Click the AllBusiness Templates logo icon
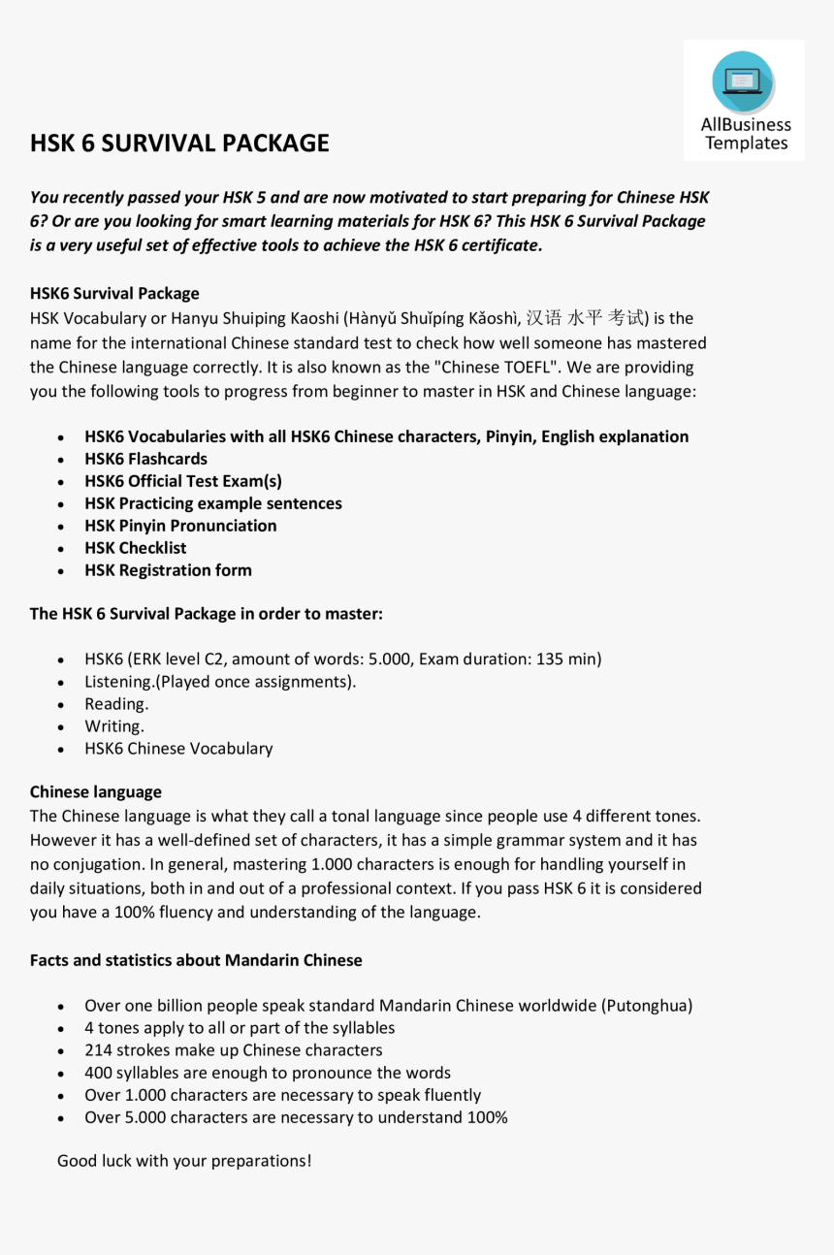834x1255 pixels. click(x=743, y=82)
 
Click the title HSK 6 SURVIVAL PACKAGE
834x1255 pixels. click(x=179, y=144)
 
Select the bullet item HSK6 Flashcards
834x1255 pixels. click(x=145, y=459)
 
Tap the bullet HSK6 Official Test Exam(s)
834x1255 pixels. click(x=183, y=481)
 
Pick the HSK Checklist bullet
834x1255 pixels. click(x=136, y=548)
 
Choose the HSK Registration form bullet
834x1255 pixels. click(x=168, y=570)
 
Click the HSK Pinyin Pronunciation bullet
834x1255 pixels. click(x=180, y=526)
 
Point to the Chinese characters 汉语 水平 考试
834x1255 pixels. click(x=586, y=318)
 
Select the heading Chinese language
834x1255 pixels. click(x=96, y=792)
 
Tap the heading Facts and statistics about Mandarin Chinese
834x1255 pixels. click(x=196, y=961)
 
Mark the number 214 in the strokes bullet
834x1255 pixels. click(x=99, y=1050)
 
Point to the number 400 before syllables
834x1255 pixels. click(x=99, y=1073)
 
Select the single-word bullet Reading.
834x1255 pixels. click(x=116, y=704)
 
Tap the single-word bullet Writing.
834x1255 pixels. click(x=114, y=726)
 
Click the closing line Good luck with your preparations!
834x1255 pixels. click(x=184, y=1161)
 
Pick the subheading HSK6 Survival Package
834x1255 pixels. click(x=114, y=294)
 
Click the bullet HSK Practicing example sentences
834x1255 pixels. click(x=213, y=503)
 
